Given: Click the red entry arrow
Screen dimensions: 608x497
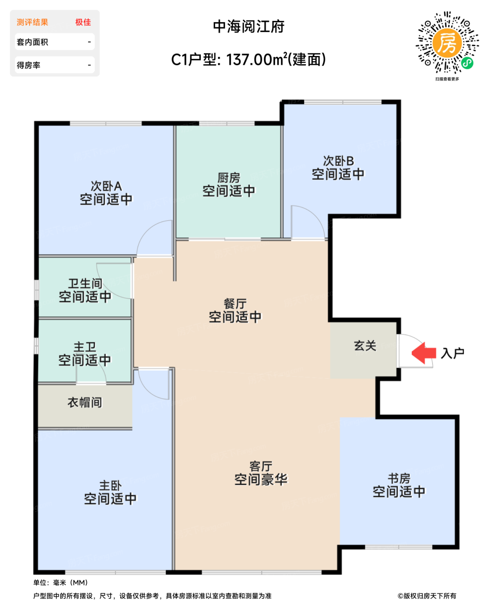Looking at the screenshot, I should click(424, 353).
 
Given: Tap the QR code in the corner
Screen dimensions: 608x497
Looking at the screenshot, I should click(447, 43).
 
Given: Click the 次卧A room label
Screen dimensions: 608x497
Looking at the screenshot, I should click(106, 186).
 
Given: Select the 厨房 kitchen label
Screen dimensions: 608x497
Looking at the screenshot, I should click(229, 178).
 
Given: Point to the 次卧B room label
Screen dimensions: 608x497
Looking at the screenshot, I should click(338, 161).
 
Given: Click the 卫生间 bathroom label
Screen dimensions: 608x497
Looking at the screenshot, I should click(85, 284).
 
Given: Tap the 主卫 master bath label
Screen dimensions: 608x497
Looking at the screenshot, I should click(85, 347).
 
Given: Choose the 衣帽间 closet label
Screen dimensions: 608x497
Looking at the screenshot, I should click(85, 403).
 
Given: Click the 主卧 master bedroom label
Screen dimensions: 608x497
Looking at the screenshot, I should click(110, 486).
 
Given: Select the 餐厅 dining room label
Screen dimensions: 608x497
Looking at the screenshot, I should click(235, 304).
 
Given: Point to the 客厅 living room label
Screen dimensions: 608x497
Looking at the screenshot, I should click(261, 466).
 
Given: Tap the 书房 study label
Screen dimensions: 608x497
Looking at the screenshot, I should click(399, 479).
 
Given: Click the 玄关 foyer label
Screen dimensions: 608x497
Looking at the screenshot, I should click(365, 346).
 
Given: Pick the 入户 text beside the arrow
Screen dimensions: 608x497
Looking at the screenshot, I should click(453, 353).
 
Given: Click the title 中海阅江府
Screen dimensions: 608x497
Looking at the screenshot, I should click(248, 26).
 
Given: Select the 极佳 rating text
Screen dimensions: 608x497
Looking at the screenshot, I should click(83, 22).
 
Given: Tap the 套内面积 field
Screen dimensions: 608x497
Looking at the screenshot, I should click(54, 42).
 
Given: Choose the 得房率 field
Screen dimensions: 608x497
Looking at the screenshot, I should click(54, 65).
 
